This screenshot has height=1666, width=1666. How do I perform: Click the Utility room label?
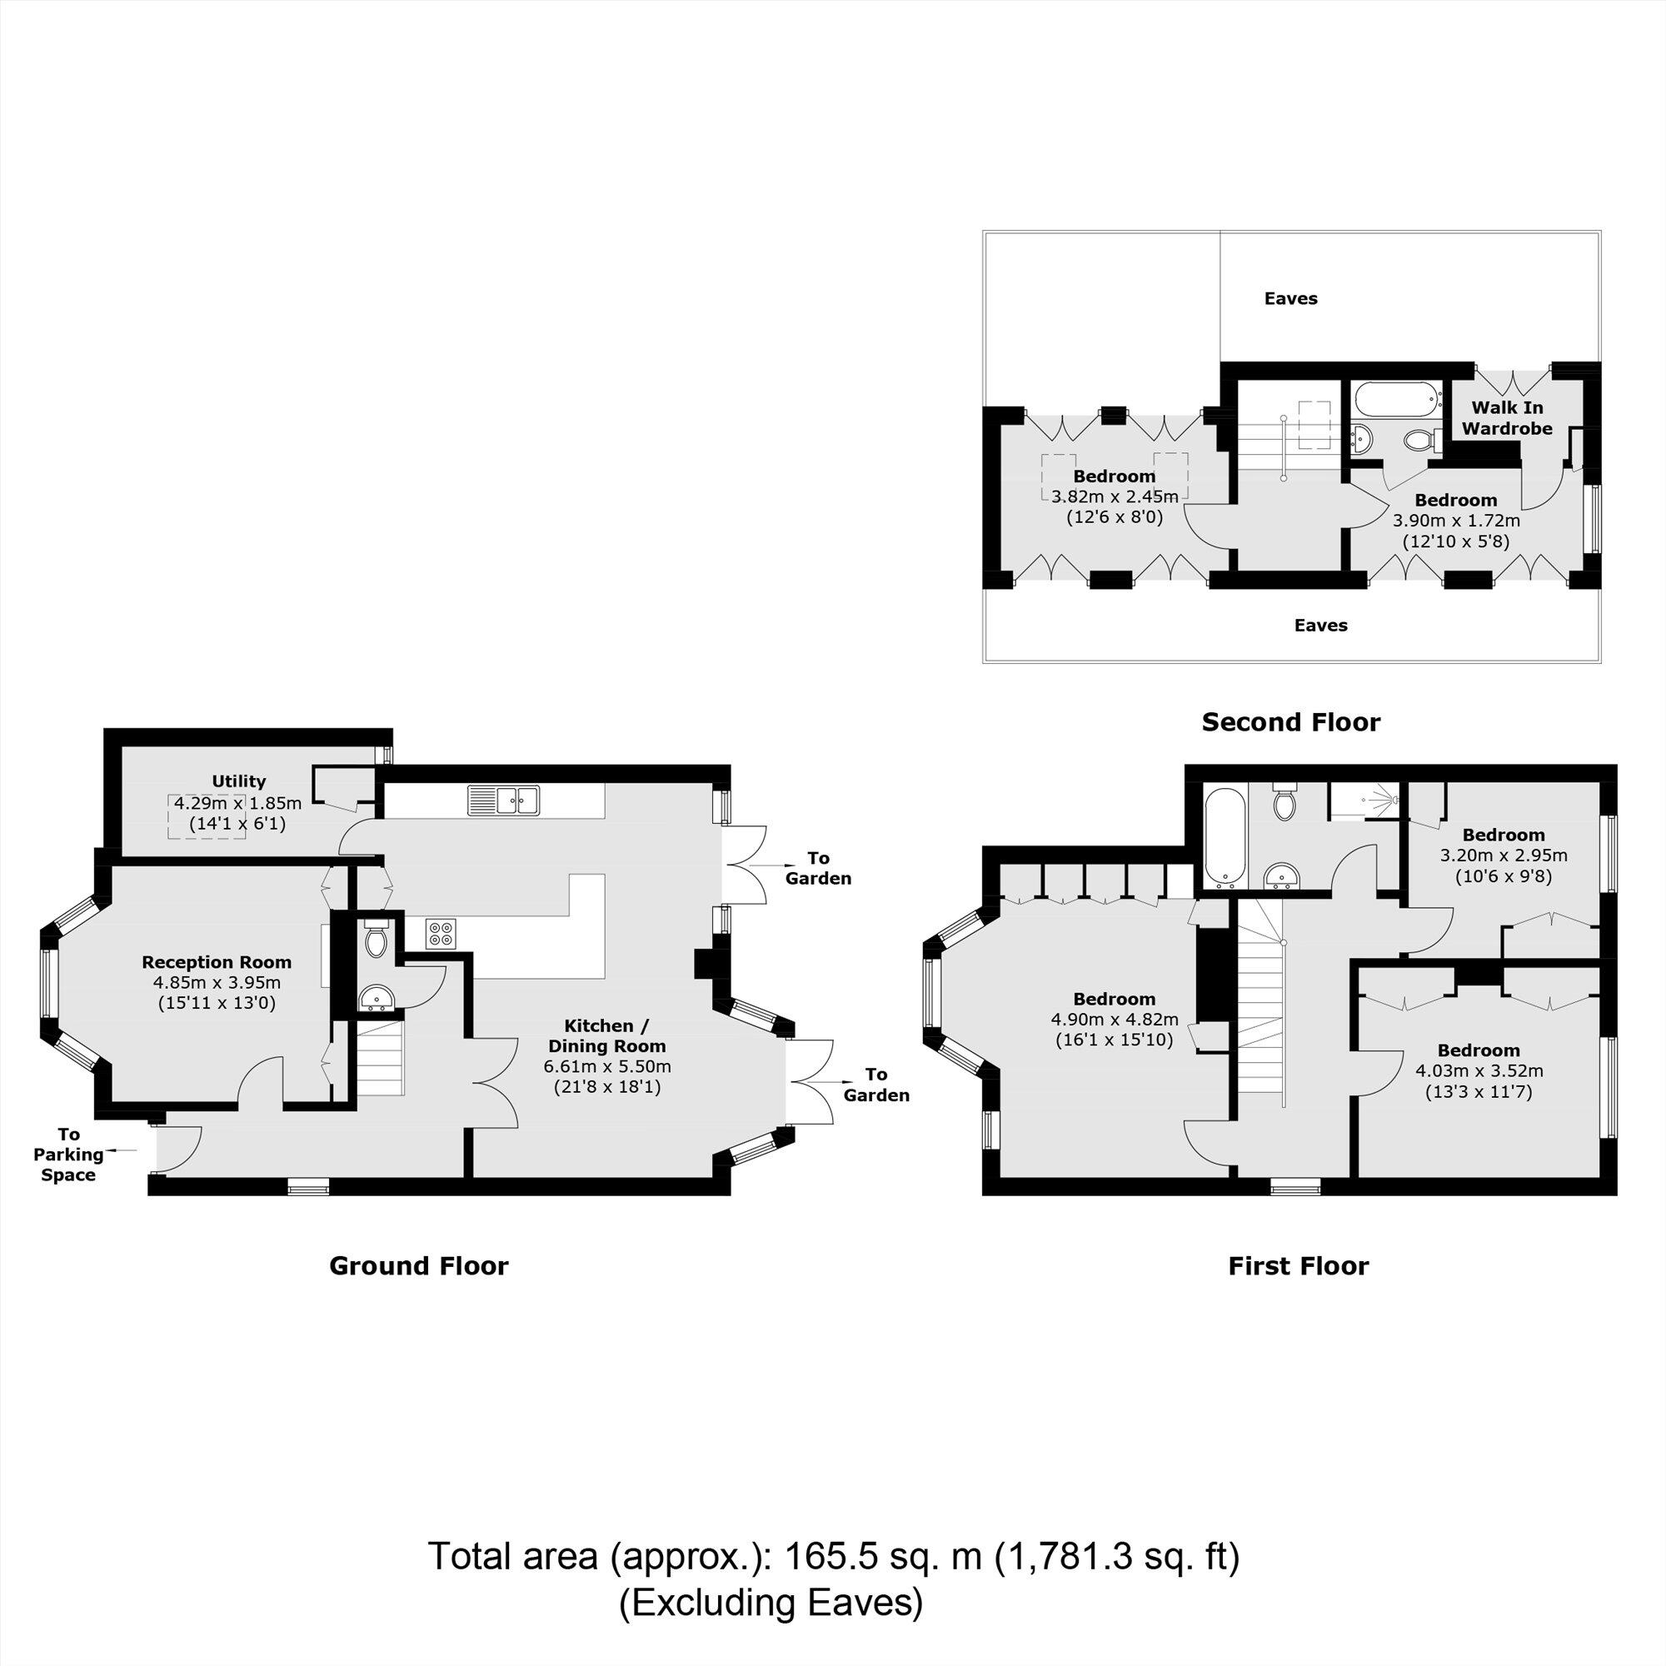239,781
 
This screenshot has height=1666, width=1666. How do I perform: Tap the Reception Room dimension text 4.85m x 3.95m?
217,983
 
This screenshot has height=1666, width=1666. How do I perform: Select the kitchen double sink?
504,801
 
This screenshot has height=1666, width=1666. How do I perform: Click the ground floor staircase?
381,1058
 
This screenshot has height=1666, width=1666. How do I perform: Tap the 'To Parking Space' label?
68,1155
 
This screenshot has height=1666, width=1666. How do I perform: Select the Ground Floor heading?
418,1266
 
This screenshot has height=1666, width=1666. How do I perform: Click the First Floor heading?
1298,1266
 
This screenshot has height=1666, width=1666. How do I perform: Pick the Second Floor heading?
1291,721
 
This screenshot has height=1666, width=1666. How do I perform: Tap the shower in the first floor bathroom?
1364,801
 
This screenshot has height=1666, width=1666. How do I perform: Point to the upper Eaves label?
1291,298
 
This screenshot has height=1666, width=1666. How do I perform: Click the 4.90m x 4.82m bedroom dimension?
1114,1020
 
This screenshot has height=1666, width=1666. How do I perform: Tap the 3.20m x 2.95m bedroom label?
1503,856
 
